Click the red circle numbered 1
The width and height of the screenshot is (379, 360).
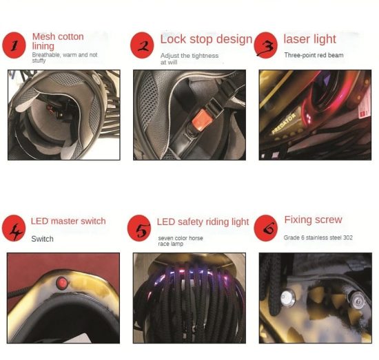point(14,45)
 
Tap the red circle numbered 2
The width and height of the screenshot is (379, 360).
point(142,45)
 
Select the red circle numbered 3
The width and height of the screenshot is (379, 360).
point(265,45)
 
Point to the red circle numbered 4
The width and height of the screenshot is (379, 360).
point(14,228)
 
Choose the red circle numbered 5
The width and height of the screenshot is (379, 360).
point(139,228)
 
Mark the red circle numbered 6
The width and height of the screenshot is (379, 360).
point(265,228)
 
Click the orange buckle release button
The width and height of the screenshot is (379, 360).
point(201,118)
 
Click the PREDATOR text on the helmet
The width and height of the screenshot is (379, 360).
point(284,124)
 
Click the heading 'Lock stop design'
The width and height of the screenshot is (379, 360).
point(206,39)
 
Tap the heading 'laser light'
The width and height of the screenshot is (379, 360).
point(309,39)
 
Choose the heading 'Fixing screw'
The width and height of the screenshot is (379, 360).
point(313,220)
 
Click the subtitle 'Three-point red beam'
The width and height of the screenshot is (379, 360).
point(314,55)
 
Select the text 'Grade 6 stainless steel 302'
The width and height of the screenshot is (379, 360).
point(318,237)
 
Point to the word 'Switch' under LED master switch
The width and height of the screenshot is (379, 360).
point(42,239)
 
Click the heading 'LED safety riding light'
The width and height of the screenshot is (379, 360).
point(203,222)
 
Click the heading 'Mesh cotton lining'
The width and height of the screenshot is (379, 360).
point(58,41)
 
